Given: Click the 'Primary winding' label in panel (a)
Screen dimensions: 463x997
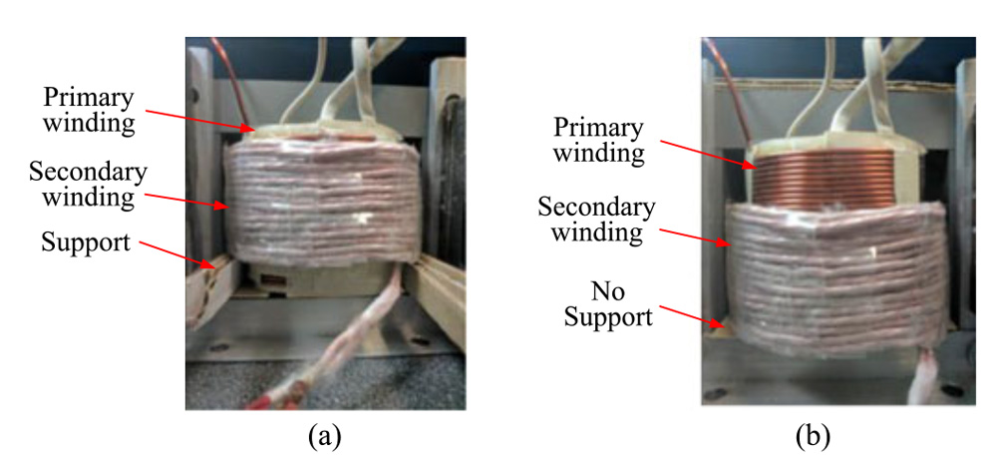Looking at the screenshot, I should pyautogui.click(x=88, y=111).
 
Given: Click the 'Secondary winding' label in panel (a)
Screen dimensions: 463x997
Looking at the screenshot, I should pyautogui.click(x=88, y=184).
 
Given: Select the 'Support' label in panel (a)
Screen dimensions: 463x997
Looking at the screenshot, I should pyautogui.click(x=86, y=241).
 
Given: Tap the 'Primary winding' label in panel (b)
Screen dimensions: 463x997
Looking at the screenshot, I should pyautogui.click(x=599, y=140).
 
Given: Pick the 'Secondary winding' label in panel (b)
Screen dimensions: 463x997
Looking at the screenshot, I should pyautogui.click(x=596, y=220).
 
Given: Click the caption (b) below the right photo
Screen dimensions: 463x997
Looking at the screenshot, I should pyautogui.click(x=812, y=436).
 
